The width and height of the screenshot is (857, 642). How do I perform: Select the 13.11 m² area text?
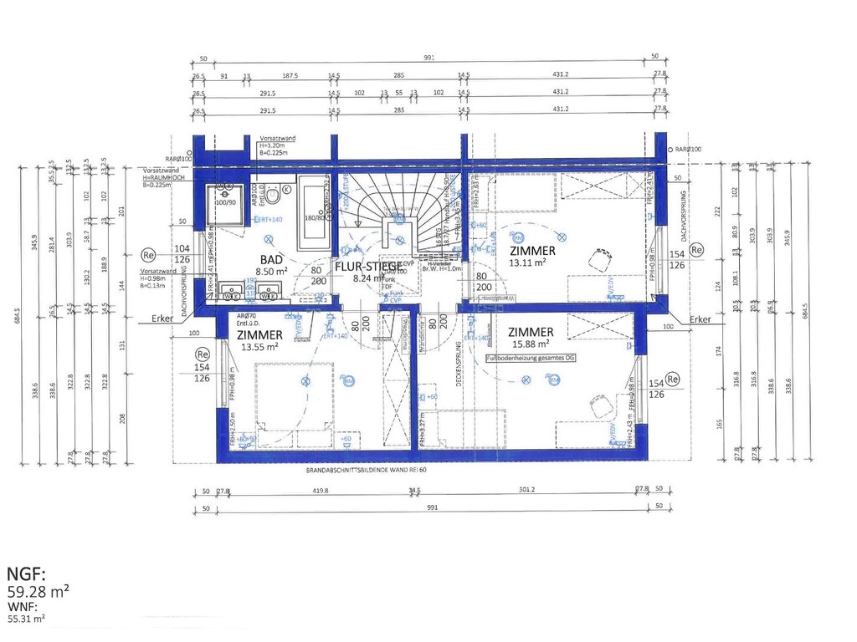[x=530, y=262]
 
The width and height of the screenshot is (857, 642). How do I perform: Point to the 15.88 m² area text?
[x=530, y=344]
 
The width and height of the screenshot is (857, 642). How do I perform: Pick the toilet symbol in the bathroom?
[x=286, y=190]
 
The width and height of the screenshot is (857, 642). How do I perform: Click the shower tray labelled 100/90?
[x=225, y=195]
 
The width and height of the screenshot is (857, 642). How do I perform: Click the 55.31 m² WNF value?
[x=27, y=619]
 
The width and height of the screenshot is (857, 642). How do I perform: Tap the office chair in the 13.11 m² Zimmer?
[x=599, y=258]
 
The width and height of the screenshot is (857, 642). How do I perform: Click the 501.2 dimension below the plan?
[x=526, y=490]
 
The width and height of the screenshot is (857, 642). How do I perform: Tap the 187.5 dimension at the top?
[x=290, y=76]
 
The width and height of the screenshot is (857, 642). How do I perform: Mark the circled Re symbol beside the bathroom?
[x=149, y=253]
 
